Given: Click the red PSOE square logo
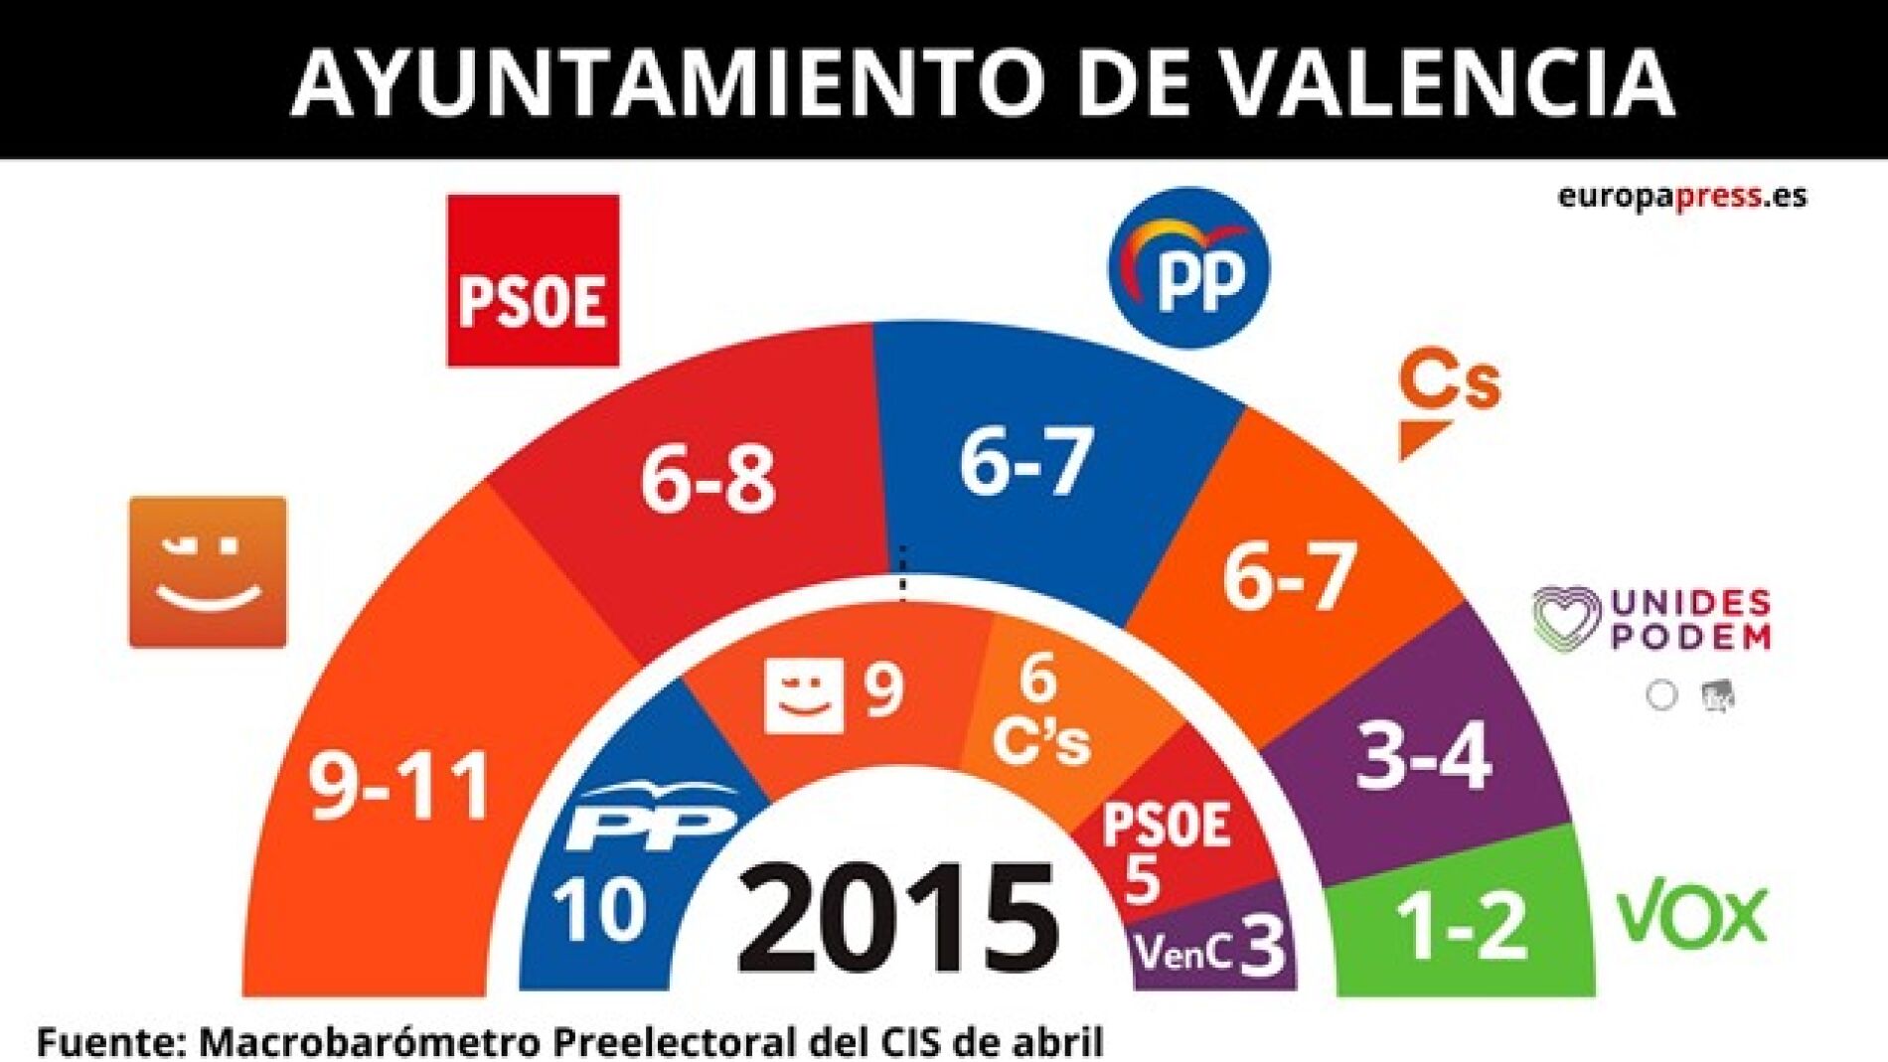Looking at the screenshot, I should point(533,281).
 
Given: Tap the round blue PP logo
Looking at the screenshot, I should point(1189,267).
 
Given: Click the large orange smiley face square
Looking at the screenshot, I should point(208,572).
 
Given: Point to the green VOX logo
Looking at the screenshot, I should point(1692,916).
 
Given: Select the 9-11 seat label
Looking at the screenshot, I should point(399,786).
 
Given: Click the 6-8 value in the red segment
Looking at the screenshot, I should point(707,480).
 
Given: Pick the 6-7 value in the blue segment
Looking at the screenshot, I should point(1025,460).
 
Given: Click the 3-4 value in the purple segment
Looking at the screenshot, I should point(1423,758).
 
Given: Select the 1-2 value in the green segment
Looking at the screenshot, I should point(1461,926).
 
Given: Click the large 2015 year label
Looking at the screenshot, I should point(897,918).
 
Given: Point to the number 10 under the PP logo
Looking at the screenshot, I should point(599,909).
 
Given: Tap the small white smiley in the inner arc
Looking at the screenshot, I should point(803,695).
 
